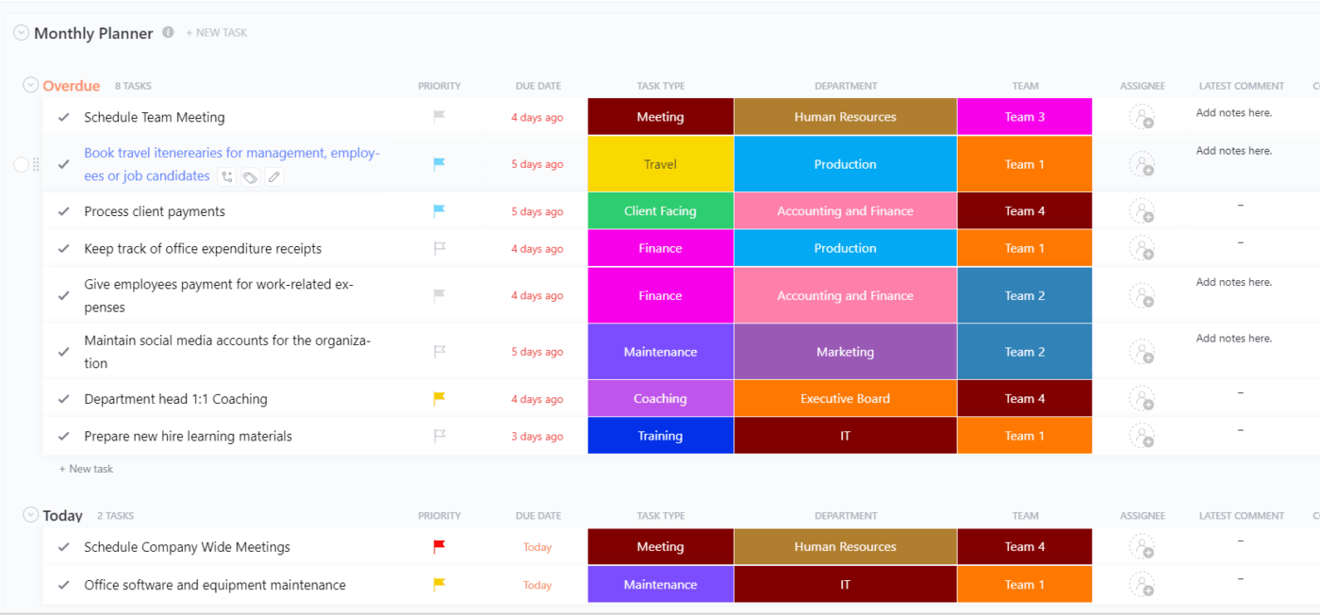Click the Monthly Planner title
93,33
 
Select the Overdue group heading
71,86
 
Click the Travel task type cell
660,164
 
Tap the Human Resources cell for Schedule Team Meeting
845,117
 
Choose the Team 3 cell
1024,117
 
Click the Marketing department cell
845,352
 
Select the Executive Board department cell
845,399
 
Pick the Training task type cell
660,436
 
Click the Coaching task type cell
660,399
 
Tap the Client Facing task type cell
660,211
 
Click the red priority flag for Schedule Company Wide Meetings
438,546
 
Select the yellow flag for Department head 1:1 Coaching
438,399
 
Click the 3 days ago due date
536,437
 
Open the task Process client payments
155,211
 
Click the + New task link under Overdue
87,469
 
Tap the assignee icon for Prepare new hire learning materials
1142,436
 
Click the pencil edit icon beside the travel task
273,176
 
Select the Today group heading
62,516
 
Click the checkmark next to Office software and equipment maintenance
64,585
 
